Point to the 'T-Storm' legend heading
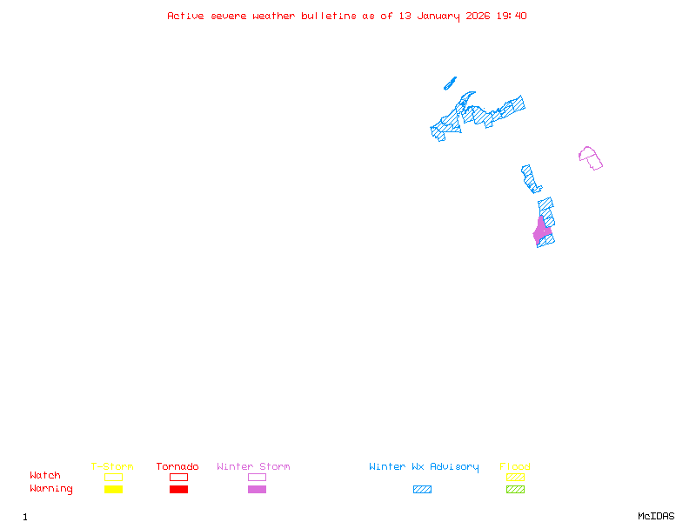click(112, 466)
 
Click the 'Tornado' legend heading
click(177, 466)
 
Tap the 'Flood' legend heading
click(515, 466)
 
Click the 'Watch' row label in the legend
click(45, 476)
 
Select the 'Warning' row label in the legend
click(51, 489)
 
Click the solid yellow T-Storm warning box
click(113, 490)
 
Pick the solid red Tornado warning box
click(178, 490)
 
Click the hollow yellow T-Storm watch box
click(113, 477)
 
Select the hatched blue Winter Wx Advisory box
click(422, 490)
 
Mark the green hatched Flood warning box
click(515, 490)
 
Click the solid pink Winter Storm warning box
click(257, 490)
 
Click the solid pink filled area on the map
click(541, 231)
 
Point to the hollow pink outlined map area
click(591, 158)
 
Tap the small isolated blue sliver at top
click(450, 84)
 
